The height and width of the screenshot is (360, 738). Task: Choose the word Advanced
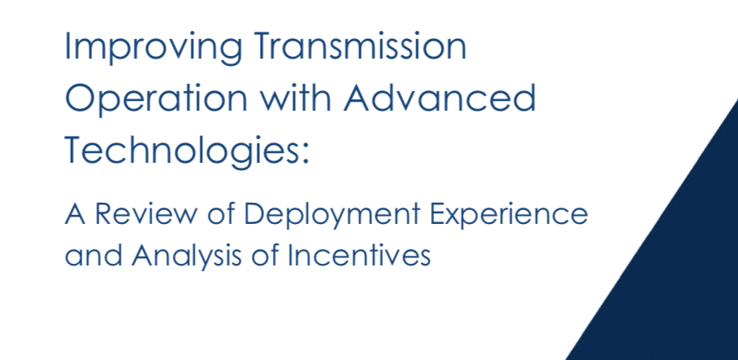[440, 98]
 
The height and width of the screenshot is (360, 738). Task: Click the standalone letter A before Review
[75, 214]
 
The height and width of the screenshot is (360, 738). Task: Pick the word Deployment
[332, 217]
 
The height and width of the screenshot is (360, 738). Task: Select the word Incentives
[359, 256]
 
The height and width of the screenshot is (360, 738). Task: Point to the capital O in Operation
[80, 98]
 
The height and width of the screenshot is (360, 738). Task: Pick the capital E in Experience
[437, 214]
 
